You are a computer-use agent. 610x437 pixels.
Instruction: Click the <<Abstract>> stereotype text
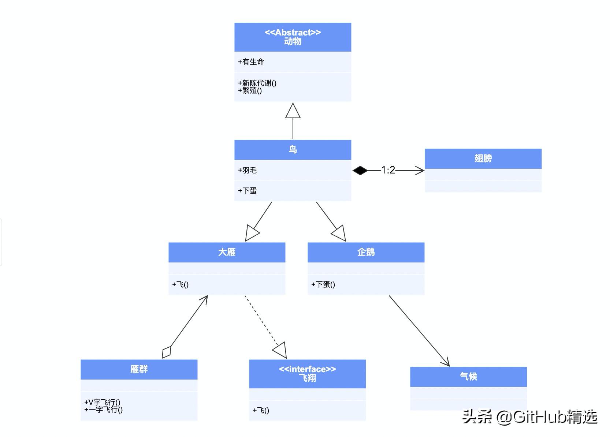click(x=293, y=33)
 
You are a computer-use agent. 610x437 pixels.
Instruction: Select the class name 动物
click(x=293, y=42)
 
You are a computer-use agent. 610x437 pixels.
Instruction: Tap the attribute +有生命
click(x=251, y=62)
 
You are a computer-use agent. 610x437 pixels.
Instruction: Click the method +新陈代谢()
click(x=257, y=83)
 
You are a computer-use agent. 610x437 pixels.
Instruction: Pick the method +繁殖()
click(x=250, y=90)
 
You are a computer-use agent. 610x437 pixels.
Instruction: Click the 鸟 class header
click(x=293, y=150)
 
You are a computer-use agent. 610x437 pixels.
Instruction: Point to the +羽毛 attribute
click(x=248, y=170)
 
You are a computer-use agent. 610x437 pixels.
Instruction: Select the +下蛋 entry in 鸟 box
click(x=248, y=191)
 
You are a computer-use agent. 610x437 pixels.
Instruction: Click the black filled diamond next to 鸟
click(x=360, y=170)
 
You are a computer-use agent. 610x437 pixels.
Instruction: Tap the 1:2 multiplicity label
click(x=388, y=170)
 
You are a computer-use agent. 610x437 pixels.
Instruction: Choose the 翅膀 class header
click(x=483, y=158)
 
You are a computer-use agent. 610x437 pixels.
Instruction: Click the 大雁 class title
click(x=227, y=252)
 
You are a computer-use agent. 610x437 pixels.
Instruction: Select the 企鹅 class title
click(x=366, y=252)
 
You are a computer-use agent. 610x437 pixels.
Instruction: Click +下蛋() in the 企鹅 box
click(x=323, y=284)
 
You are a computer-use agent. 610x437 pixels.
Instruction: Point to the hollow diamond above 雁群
click(x=167, y=352)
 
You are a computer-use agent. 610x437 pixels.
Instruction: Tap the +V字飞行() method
click(x=103, y=402)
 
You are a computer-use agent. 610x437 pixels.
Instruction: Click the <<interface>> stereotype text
click(x=307, y=369)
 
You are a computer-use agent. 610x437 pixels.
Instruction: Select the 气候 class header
click(x=468, y=377)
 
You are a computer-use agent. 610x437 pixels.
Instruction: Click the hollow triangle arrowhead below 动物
click(x=293, y=111)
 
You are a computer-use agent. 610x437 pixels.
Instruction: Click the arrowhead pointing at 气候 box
click(x=447, y=363)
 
